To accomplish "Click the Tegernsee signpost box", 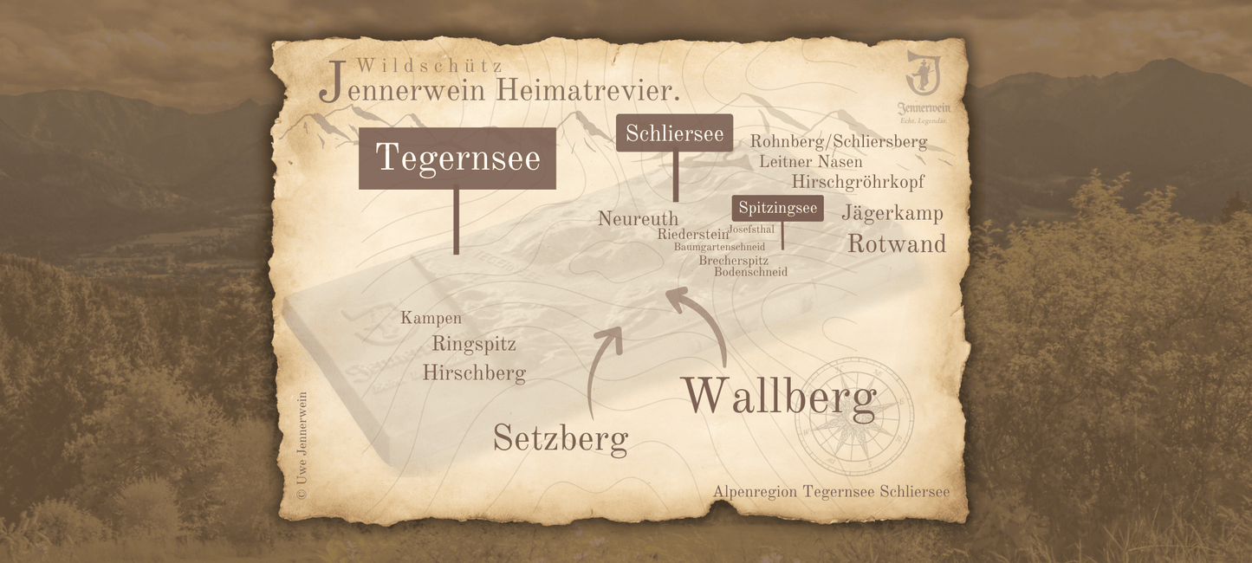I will coord(457,159).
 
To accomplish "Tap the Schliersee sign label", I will coord(674,133).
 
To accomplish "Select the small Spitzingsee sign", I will coord(777,208).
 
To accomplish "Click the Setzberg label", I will coord(560,438).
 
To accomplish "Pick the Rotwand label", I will coord(896,244).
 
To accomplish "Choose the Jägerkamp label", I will coord(892,213).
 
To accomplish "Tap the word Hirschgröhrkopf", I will coord(857,182).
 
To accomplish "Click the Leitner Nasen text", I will coord(810,162).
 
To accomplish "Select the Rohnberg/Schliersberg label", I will coord(838,141).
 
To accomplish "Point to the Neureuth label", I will coord(638,219).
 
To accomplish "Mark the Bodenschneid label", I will coord(750,272).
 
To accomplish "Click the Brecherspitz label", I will coord(733,260).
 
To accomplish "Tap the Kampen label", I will coord(431,319).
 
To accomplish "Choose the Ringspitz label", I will coord(473,345).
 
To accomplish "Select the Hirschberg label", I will coord(474,373).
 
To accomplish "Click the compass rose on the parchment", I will coord(854,416).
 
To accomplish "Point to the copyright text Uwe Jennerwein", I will coord(302,445).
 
